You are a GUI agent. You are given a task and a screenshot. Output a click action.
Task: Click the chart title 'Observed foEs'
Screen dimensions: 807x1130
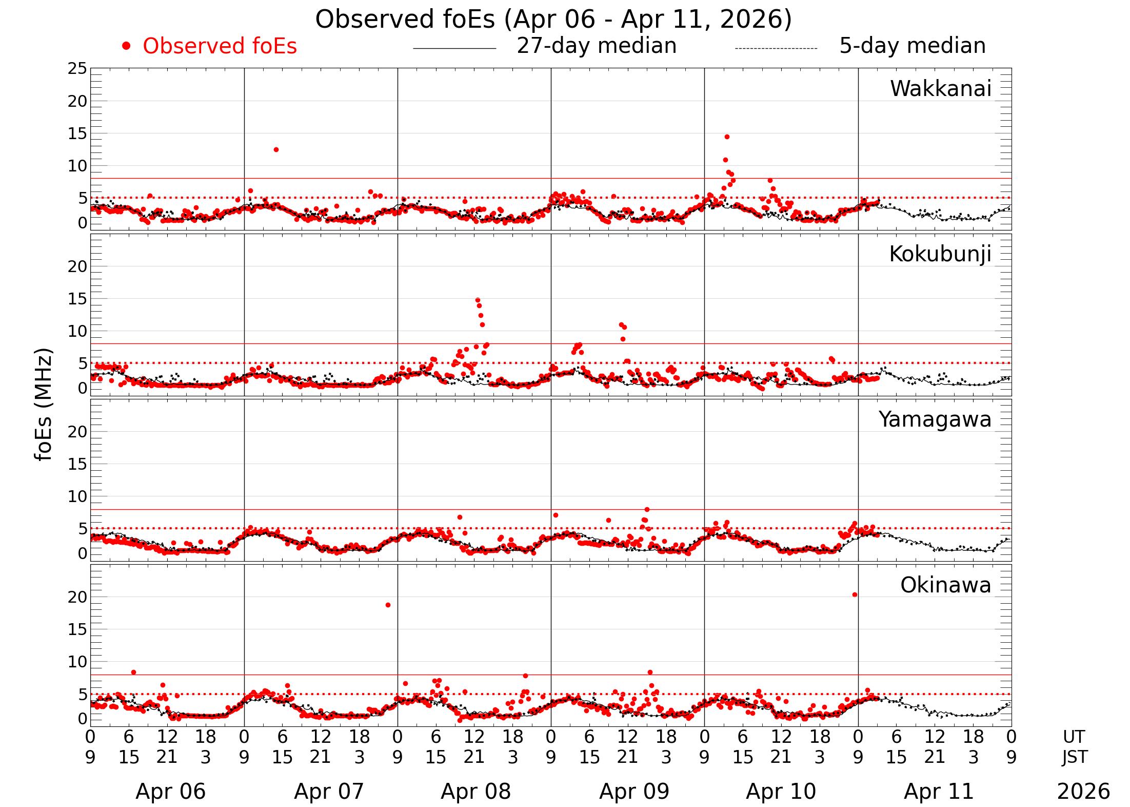[x=553, y=20]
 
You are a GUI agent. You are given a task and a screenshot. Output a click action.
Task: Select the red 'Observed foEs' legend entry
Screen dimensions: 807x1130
[x=219, y=46]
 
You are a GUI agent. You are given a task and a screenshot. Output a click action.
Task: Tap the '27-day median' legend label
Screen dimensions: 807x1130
[x=596, y=46]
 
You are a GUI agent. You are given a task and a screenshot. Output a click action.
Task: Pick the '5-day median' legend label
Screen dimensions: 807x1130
[x=912, y=46]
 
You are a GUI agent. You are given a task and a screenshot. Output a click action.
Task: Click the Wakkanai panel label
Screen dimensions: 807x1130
[x=940, y=89]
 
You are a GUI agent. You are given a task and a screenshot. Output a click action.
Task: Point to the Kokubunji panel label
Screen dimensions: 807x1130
[x=940, y=254]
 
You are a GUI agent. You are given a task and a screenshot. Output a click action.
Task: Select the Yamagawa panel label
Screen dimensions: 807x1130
[x=935, y=419]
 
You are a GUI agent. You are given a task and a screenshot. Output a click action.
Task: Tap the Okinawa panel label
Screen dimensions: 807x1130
[x=945, y=585]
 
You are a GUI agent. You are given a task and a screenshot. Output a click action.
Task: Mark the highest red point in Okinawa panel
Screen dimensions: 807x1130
[x=855, y=594]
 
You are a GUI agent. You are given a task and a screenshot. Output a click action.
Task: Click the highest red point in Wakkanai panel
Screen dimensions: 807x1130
[x=727, y=137]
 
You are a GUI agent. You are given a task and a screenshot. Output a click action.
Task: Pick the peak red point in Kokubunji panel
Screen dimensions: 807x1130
[x=478, y=300]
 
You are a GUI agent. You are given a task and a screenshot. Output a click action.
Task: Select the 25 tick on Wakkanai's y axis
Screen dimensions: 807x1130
[x=77, y=68]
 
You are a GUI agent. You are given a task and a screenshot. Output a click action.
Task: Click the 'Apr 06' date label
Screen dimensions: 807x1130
[x=170, y=791]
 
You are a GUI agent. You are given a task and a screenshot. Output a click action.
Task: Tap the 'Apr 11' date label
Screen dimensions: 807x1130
[x=939, y=791]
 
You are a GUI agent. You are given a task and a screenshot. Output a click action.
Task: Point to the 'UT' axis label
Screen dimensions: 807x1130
[x=1074, y=737]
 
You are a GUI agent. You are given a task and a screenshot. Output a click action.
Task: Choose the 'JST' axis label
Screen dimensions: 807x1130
[x=1074, y=757]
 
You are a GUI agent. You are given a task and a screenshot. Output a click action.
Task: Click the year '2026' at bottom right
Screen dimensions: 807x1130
[x=1083, y=791]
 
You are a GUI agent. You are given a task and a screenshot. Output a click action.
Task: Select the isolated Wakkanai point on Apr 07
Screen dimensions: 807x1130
[x=276, y=149]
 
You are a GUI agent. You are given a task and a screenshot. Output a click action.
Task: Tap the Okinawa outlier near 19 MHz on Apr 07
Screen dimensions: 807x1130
[x=388, y=605]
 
